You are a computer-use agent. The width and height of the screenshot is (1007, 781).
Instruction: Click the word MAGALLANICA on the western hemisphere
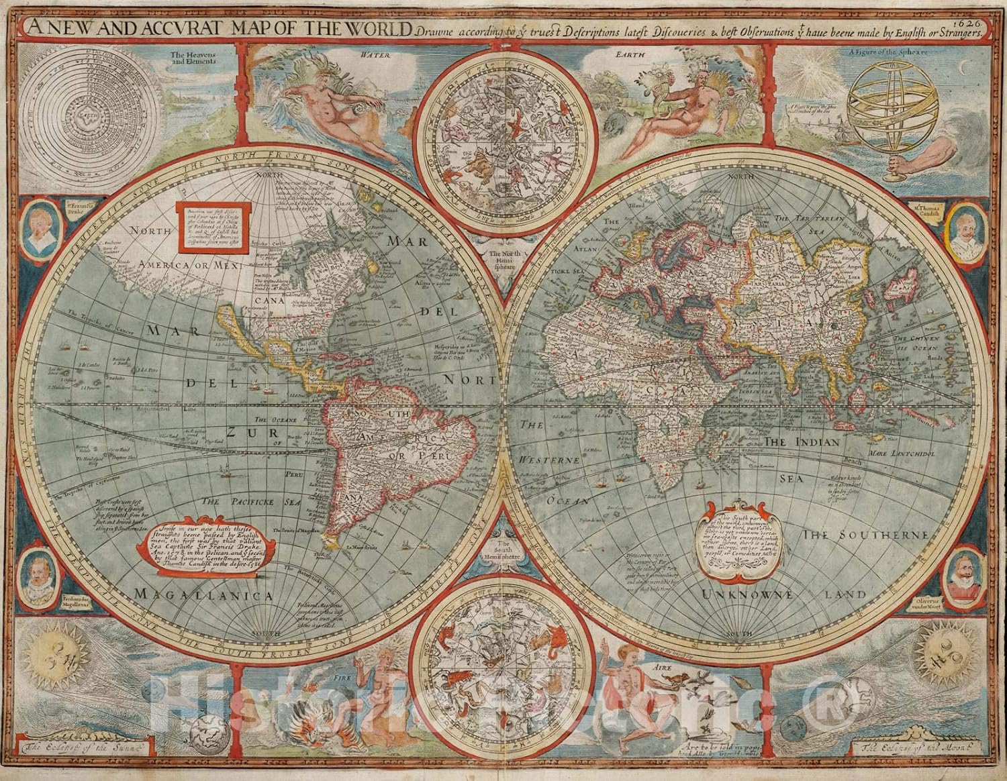click(203, 595)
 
